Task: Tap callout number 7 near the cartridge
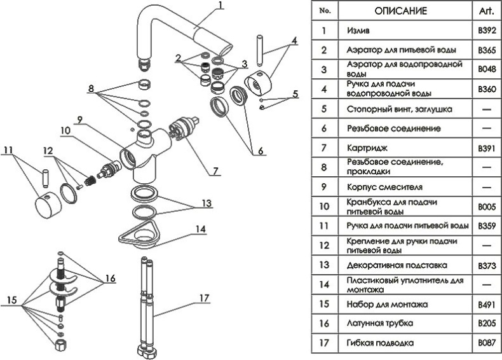coord(215,172)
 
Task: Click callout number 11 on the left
coord(8,150)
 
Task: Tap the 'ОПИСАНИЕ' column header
coord(401,11)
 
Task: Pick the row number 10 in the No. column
coord(325,206)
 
